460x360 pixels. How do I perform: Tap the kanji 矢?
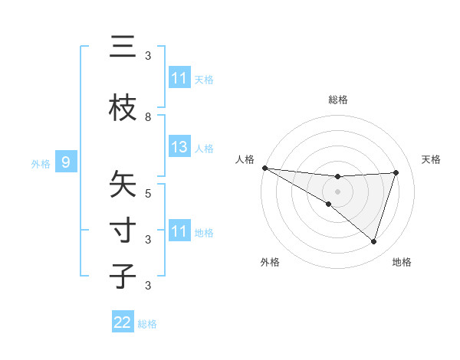click(123, 185)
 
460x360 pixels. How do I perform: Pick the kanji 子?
click(123, 276)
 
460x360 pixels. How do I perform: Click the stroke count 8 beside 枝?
click(148, 116)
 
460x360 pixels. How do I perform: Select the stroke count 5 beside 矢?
click(148, 193)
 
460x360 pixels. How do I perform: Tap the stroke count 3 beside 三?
click(148, 56)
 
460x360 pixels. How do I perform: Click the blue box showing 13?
click(179, 147)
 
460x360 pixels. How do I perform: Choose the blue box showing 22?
click(123, 322)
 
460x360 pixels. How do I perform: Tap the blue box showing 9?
click(66, 162)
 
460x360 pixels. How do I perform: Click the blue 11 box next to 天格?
click(179, 78)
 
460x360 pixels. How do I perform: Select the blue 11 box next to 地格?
click(179, 231)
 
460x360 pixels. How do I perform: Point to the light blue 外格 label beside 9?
click(41, 163)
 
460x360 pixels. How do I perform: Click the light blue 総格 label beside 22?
click(147, 324)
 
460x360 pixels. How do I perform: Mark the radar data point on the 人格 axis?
click(264, 167)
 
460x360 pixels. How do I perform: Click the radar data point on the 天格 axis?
click(396, 172)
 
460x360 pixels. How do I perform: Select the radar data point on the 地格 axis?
click(374, 241)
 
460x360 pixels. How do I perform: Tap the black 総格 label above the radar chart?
click(338, 100)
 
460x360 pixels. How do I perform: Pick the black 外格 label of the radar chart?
click(270, 262)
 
